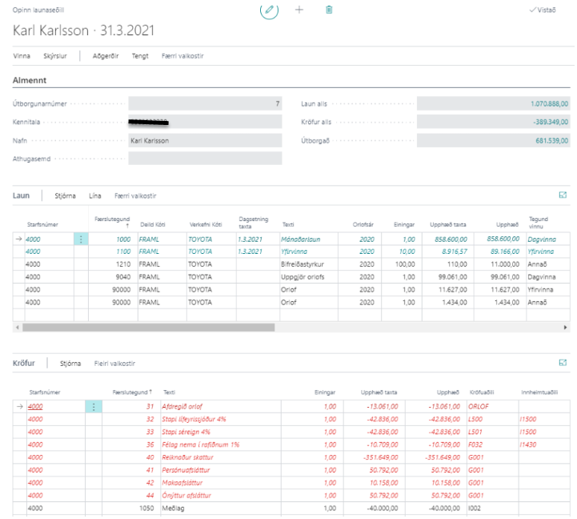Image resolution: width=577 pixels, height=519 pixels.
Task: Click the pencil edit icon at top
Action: point(270,10)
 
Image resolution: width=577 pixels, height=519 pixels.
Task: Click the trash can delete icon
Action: point(329,10)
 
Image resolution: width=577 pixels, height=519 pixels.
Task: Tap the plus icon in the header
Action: point(299,10)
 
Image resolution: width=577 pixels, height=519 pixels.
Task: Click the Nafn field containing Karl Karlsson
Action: point(204,140)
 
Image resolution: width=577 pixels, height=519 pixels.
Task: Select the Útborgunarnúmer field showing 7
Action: point(204,104)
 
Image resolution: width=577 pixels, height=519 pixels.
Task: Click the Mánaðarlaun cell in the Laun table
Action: point(300,239)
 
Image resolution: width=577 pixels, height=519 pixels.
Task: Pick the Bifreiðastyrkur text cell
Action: point(304,264)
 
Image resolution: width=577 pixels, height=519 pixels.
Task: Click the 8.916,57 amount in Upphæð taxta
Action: point(449,251)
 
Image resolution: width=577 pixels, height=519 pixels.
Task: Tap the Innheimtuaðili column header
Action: point(539,392)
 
